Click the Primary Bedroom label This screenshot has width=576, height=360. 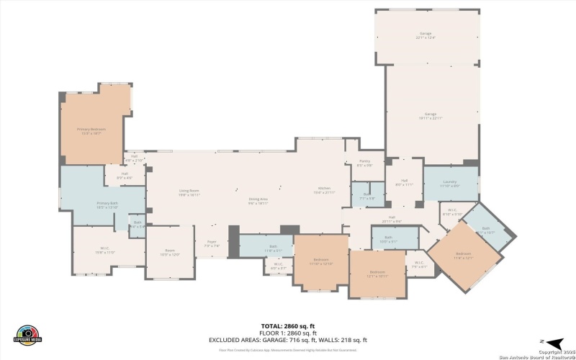(92, 131)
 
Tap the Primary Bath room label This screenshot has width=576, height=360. (107, 204)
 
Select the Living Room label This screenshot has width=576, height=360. (189, 192)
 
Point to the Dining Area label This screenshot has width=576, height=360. (258, 202)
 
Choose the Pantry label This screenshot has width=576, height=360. (364, 163)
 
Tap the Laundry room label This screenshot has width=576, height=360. (450, 184)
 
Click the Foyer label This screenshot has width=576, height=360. (212, 244)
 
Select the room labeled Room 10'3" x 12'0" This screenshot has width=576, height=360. (169, 253)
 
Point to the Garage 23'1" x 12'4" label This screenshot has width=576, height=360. (426, 35)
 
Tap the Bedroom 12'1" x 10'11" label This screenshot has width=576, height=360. (379, 274)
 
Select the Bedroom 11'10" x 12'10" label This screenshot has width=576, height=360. (321, 261)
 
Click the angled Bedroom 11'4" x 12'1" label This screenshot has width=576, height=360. (464, 256)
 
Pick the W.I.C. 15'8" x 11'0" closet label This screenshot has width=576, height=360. (105, 251)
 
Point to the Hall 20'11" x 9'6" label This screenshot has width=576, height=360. (392, 219)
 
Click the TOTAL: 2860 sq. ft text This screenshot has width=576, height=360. (288, 327)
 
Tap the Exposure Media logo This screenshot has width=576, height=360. (28, 336)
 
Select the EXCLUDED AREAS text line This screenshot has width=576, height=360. (288, 340)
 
